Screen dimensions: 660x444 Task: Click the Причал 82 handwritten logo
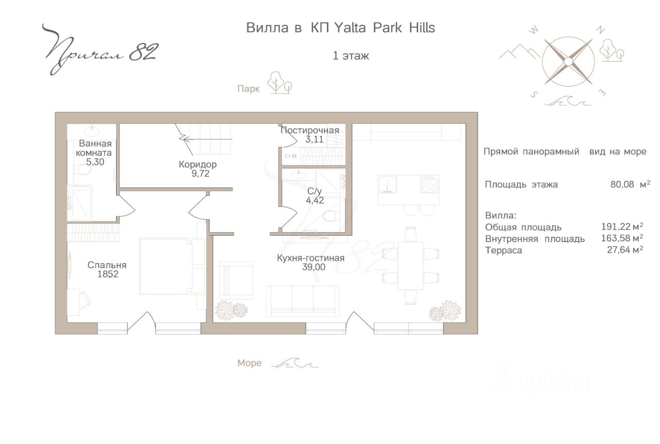point(100,50)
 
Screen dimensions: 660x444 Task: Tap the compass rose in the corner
point(568,61)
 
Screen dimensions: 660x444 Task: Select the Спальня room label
point(107,265)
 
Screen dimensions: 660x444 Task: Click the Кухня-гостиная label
point(310,258)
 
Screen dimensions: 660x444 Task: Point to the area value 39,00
point(314,267)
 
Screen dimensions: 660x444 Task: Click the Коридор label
point(197,164)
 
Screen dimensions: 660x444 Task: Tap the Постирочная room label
point(310,130)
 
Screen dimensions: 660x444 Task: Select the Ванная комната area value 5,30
point(95,162)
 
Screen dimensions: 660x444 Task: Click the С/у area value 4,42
point(315,200)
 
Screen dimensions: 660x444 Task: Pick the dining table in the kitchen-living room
point(410,266)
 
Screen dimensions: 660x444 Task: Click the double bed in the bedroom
point(172,266)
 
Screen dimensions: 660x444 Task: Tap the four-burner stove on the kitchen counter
point(430,184)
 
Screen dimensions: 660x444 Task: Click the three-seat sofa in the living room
point(303,301)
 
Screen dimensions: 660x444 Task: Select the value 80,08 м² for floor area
point(630,184)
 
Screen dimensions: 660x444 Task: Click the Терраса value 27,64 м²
point(625,250)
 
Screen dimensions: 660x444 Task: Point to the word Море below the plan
point(249,363)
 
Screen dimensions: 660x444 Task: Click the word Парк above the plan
point(249,89)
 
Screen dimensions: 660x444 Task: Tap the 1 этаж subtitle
point(351,56)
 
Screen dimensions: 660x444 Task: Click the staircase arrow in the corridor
point(208,139)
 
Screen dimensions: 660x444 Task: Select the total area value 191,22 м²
point(622,227)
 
